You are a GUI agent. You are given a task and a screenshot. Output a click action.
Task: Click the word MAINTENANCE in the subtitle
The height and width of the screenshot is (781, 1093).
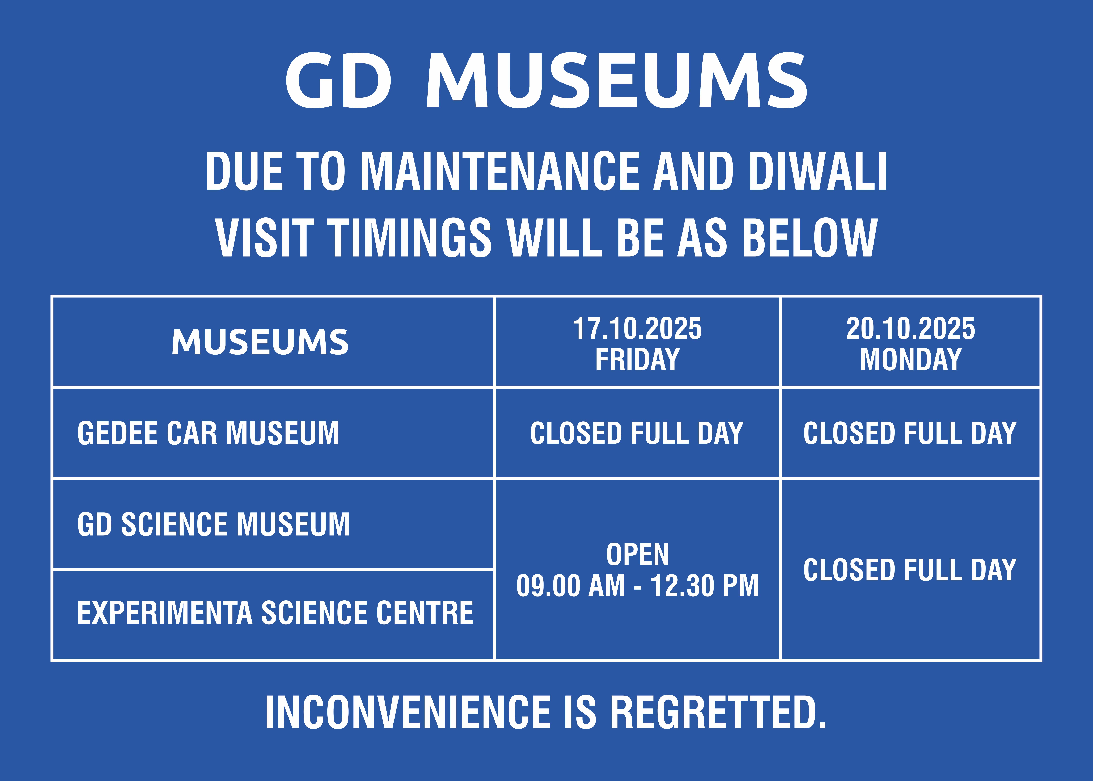(x=500, y=171)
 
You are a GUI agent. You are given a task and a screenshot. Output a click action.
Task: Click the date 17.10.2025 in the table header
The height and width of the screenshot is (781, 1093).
(x=637, y=329)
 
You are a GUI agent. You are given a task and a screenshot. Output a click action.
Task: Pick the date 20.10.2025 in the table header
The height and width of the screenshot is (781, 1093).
(x=911, y=329)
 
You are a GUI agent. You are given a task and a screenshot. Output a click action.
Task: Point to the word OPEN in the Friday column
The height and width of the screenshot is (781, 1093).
(x=637, y=555)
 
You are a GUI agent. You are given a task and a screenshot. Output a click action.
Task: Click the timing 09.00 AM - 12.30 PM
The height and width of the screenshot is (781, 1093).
(x=637, y=586)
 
